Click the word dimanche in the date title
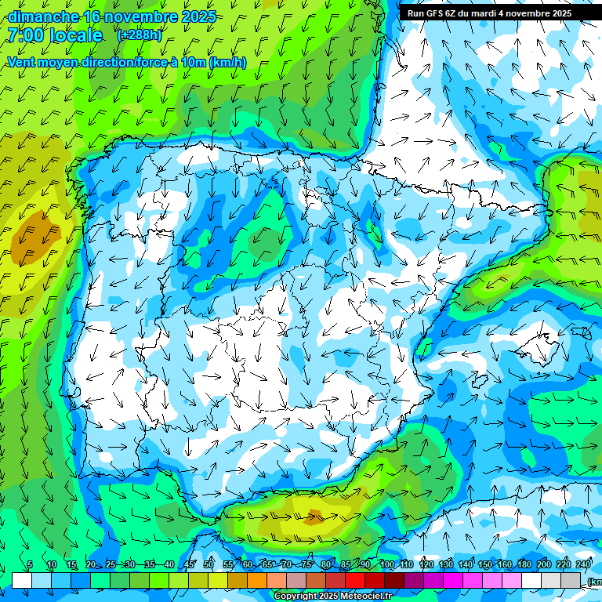43,16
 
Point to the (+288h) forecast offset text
140,35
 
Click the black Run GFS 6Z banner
489,13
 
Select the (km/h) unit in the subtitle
227,63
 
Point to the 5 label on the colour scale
30,564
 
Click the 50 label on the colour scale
209,564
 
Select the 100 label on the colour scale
386,564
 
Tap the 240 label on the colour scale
584,564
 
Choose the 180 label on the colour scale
524,564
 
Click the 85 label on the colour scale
346,564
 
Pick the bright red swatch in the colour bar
356,580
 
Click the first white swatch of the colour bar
22,580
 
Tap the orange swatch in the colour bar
257,580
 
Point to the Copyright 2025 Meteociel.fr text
332,597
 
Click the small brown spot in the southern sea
314,516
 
